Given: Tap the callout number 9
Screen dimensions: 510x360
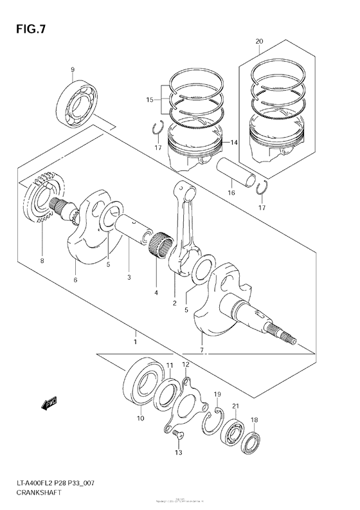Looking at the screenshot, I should click(x=73, y=70).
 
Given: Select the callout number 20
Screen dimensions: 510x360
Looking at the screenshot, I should click(x=259, y=42).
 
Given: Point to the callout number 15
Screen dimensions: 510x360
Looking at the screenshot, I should click(x=149, y=100).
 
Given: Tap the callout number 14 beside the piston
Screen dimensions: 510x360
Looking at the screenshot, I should click(x=235, y=143).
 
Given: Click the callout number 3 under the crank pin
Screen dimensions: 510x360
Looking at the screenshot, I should click(x=129, y=278).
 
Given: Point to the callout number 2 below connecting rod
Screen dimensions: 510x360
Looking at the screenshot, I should click(x=174, y=302).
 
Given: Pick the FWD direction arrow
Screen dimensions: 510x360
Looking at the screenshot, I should click(x=48, y=404).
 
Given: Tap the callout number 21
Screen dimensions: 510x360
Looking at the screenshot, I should click(x=236, y=405).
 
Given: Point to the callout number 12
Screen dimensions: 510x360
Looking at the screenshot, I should click(x=185, y=365).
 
